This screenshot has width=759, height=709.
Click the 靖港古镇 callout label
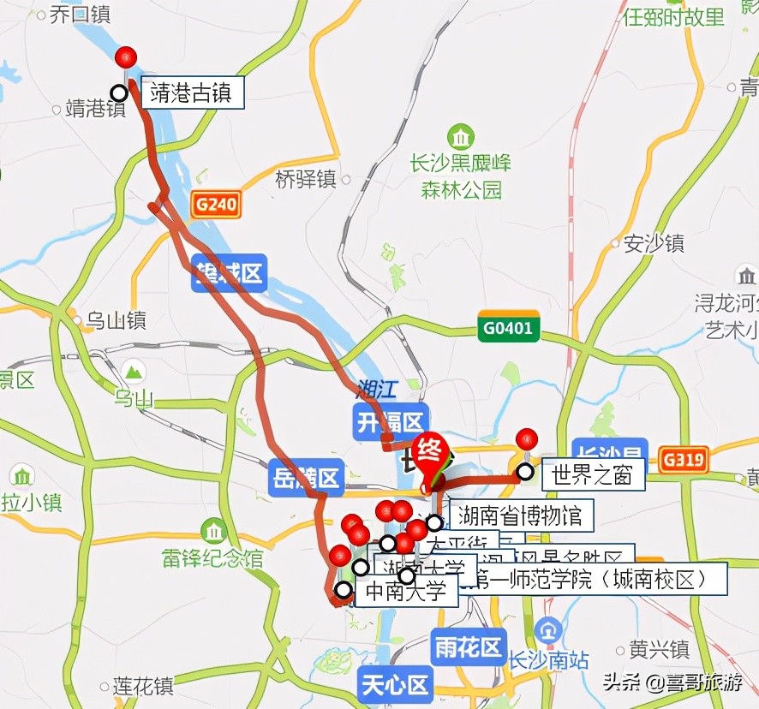point(191,92)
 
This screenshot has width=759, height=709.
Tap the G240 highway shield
point(216,206)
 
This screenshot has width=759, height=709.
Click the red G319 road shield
point(684,461)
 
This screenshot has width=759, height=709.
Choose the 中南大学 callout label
point(405,592)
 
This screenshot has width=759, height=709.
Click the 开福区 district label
point(390,421)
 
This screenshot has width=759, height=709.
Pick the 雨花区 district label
point(468,647)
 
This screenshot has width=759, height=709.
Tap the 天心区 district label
point(394,686)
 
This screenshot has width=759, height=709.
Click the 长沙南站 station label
point(548,660)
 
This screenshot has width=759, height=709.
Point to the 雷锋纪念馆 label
point(212,558)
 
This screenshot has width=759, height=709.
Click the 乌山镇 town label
point(117,321)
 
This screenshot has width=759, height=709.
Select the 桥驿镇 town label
point(306,180)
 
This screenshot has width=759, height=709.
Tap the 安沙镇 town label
point(654,243)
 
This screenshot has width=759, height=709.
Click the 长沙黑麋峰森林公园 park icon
point(461,136)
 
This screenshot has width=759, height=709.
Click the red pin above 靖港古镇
point(126,57)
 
